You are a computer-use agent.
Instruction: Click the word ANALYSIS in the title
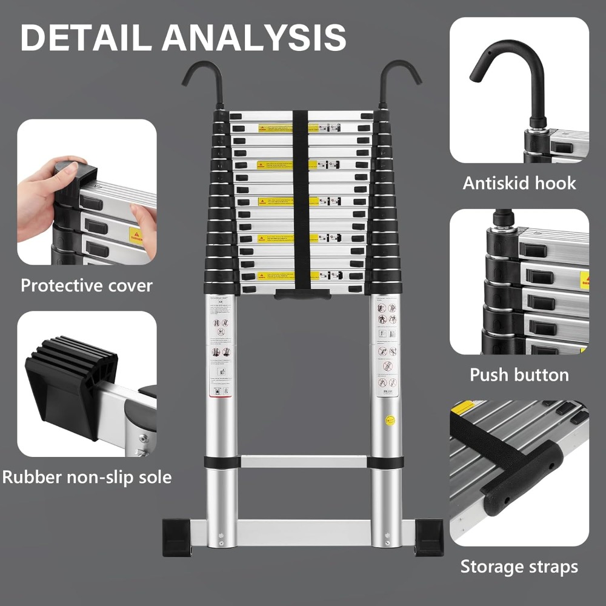coord(254,37)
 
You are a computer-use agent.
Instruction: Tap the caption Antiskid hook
coord(519,183)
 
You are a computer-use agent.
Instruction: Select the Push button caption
coord(519,375)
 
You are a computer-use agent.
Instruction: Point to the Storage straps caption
coord(519,567)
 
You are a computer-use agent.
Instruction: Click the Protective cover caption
coord(87,285)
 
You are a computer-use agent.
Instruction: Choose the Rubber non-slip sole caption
coord(87,477)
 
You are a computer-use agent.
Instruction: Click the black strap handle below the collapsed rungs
coord(302,294)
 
